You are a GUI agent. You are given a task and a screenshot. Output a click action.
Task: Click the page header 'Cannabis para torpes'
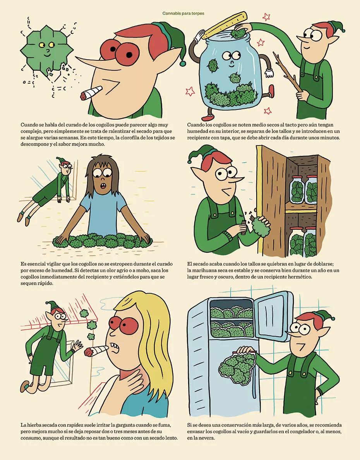183,13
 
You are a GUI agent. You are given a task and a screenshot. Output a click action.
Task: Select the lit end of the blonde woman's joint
89,353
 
